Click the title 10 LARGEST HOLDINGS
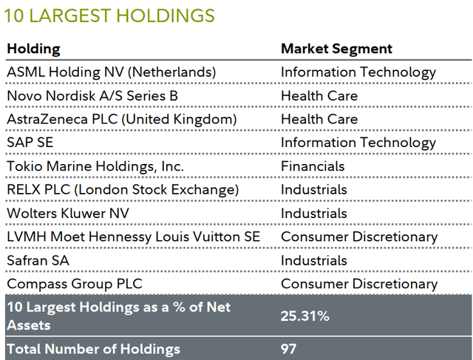(110, 15)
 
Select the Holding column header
(33, 49)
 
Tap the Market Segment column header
(336, 49)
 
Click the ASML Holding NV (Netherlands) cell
(111, 72)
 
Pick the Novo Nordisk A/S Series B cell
(92, 96)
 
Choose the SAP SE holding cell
(27, 143)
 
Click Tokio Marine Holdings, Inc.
(95, 166)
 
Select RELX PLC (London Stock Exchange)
(122, 190)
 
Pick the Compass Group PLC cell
(74, 284)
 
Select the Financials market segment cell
(313, 166)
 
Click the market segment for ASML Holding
(358, 72)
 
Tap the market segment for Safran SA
(314, 260)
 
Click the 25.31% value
(305, 316)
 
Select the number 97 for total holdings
(289, 349)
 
